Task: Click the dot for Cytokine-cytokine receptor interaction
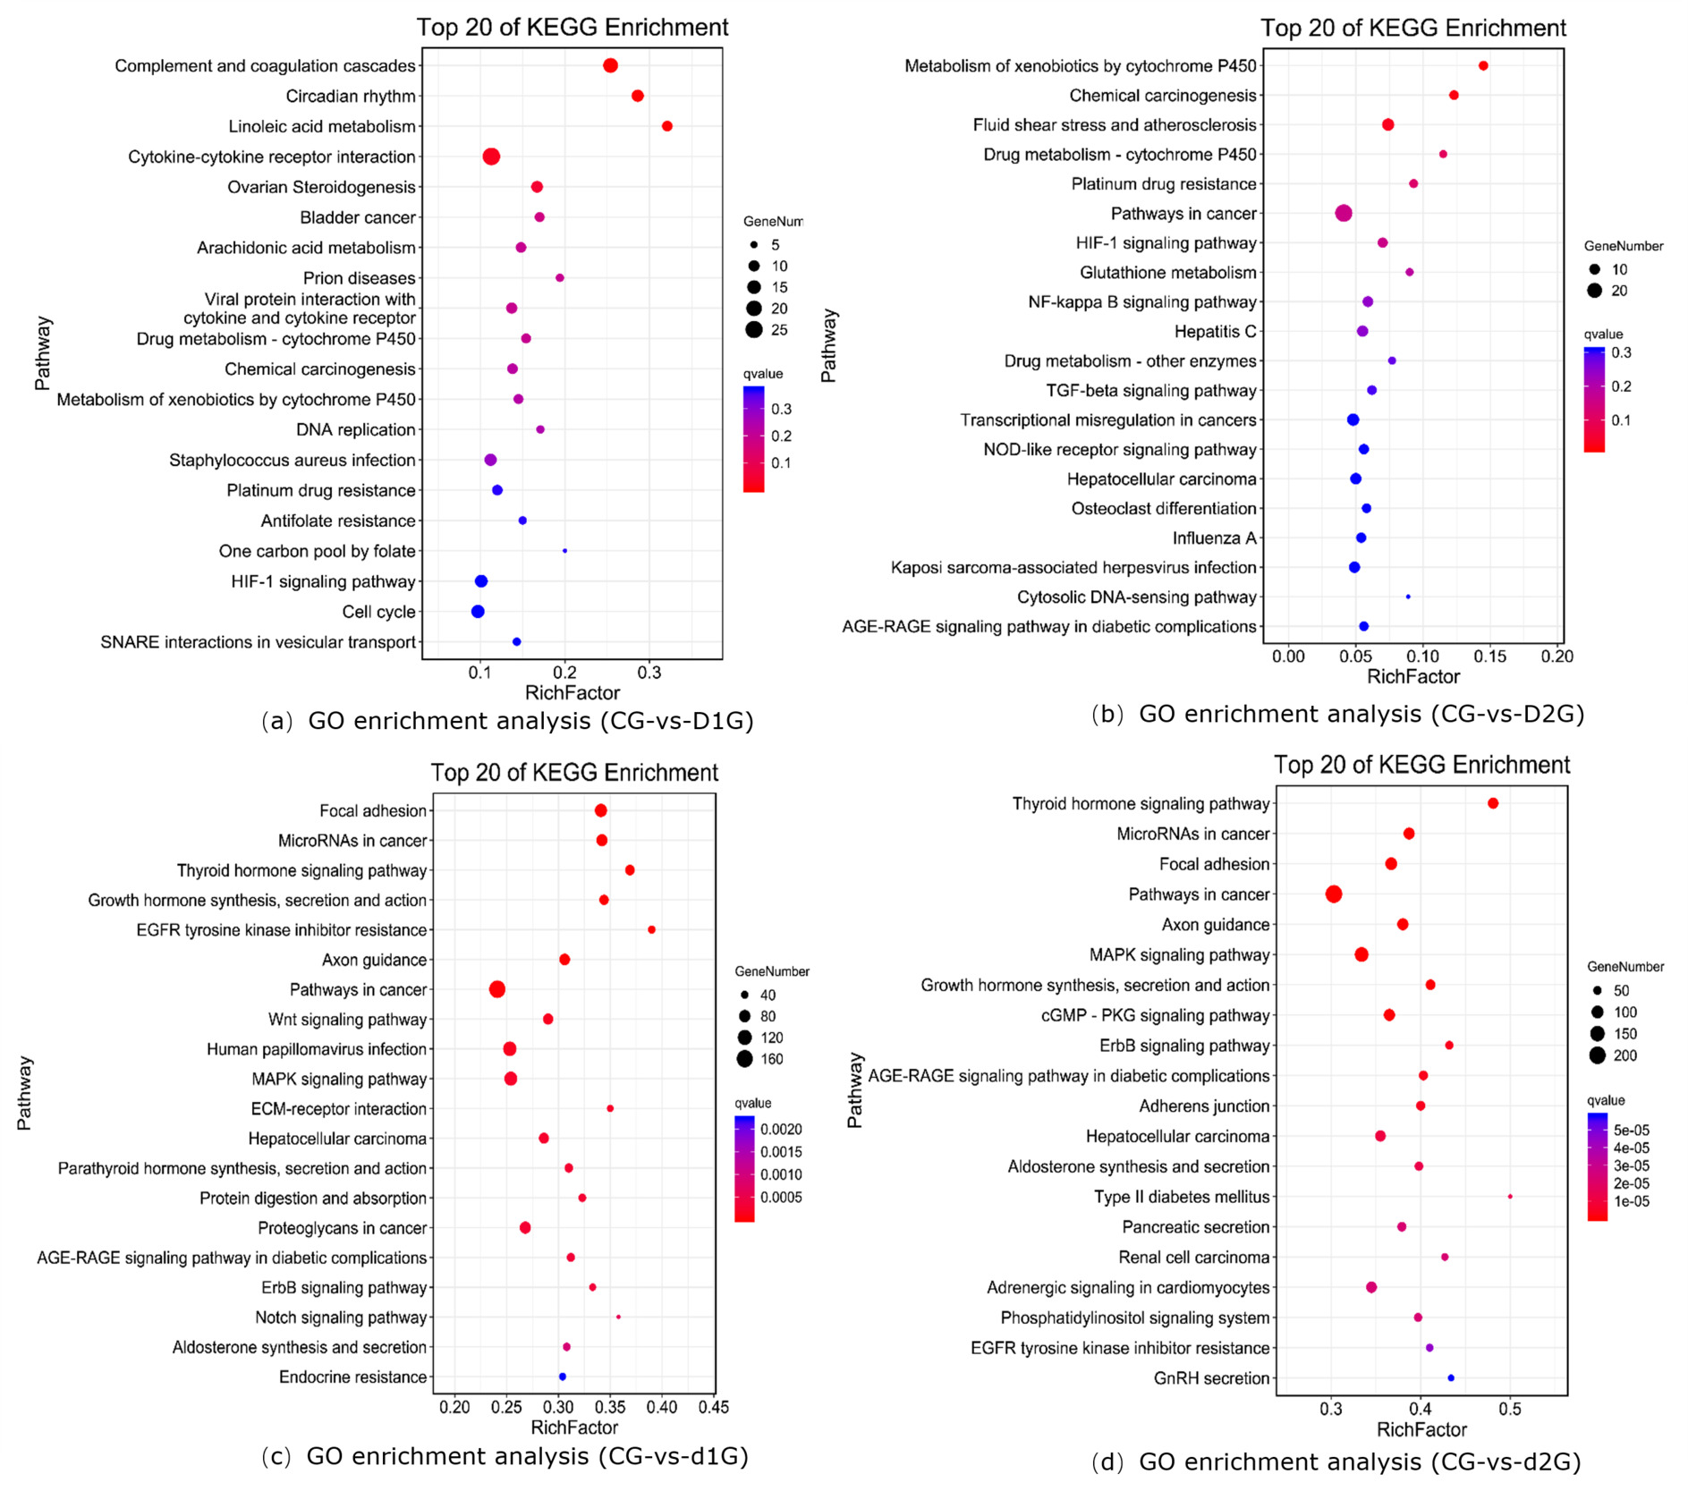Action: point(491,157)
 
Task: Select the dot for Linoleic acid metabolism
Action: point(666,126)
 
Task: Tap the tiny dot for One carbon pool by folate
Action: point(564,551)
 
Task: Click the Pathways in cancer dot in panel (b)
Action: point(1343,213)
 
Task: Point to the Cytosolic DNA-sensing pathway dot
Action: point(1408,597)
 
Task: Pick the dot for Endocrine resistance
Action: point(562,1377)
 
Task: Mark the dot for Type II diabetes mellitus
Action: point(1510,1197)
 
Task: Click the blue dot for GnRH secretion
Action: point(1451,1378)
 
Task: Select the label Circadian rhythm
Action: point(351,97)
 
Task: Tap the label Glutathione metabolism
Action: point(1167,273)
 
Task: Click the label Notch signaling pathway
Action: point(341,1317)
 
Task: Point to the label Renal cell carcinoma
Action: point(1193,1258)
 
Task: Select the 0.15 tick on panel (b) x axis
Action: point(1490,657)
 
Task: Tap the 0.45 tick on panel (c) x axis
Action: point(713,1407)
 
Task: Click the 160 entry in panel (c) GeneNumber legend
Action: point(771,1060)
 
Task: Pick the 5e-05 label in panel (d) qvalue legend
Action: point(1632,1131)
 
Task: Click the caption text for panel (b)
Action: point(1337,714)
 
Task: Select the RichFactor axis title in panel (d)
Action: point(1421,1429)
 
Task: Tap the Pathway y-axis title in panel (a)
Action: point(42,353)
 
